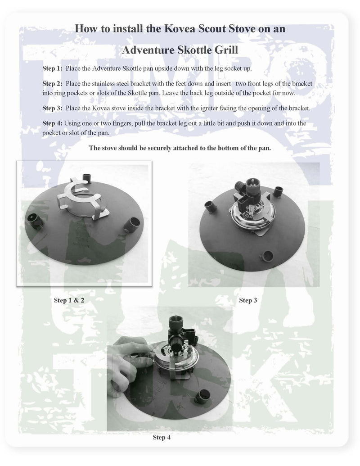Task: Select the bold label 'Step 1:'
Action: coord(53,69)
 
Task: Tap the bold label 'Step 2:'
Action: coord(53,84)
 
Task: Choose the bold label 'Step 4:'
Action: coord(53,123)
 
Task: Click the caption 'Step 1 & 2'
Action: coord(69,300)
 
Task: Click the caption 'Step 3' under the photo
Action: coord(248,300)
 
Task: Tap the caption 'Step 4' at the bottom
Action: coord(162,437)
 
